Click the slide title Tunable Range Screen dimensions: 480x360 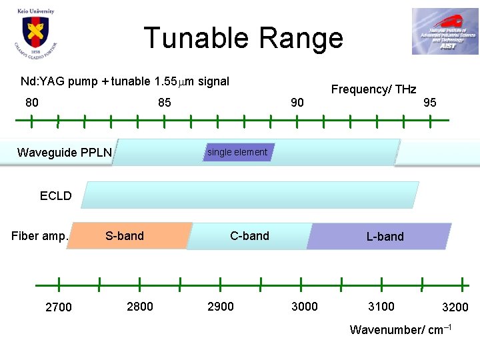coord(243,38)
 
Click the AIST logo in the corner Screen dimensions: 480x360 coord(444,31)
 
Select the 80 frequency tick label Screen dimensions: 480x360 coord(31,103)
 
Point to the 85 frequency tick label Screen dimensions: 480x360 coord(164,103)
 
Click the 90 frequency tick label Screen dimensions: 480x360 coord(297,103)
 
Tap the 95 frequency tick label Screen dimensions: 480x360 coord(430,103)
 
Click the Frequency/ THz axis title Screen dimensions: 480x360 coord(373,89)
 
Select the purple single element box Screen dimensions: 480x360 coord(237,152)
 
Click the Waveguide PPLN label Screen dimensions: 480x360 coord(65,153)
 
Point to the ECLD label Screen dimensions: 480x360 coord(55,196)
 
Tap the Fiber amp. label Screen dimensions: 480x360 coord(40,236)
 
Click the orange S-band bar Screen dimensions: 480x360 coord(130,236)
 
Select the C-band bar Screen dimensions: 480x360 coord(249,236)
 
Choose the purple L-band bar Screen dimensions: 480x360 coord(380,237)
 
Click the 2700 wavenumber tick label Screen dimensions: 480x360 coord(59,307)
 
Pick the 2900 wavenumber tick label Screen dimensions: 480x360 coord(221,307)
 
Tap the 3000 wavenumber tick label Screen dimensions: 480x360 coord(305,307)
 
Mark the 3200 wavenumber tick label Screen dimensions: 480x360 coord(455,307)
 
